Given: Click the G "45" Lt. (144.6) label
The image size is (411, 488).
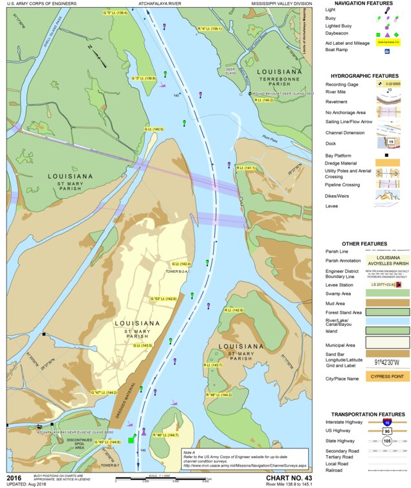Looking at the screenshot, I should click(106, 442).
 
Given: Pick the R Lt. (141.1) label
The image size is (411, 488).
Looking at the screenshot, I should click(247, 168).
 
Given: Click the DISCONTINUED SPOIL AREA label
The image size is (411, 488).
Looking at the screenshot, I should click(79, 444).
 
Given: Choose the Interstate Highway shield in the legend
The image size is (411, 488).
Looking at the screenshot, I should click(387, 421).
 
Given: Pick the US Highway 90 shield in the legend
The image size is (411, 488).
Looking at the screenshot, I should click(387, 430).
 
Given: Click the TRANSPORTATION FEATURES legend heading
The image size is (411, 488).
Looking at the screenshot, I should click(368, 414).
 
